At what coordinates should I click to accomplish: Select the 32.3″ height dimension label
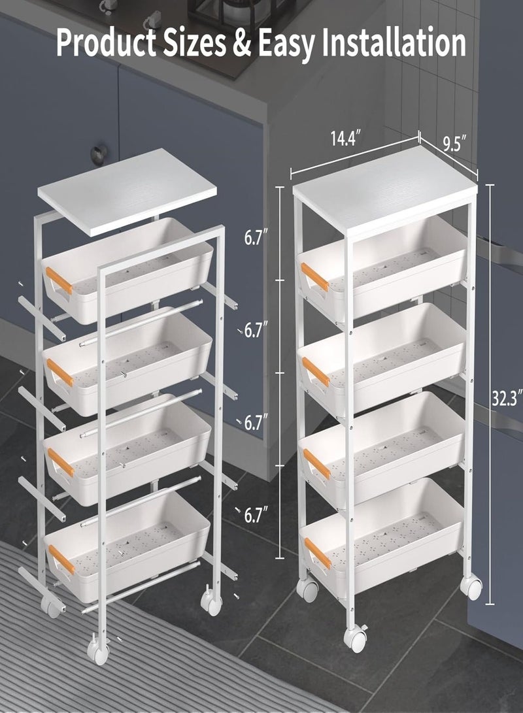(507, 398)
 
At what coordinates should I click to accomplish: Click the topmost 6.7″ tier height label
(256, 237)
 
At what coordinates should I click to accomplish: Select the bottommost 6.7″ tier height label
(256, 516)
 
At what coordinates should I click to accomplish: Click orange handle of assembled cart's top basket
(314, 277)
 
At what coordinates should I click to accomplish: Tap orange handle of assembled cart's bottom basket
(318, 553)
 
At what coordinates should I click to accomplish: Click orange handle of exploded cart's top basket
(59, 280)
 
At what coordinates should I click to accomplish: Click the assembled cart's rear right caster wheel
(471, 587)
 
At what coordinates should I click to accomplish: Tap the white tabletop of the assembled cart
(386, 190)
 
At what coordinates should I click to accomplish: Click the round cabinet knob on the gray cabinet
(98, 154)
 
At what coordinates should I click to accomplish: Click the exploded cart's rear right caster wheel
(211, 602)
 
